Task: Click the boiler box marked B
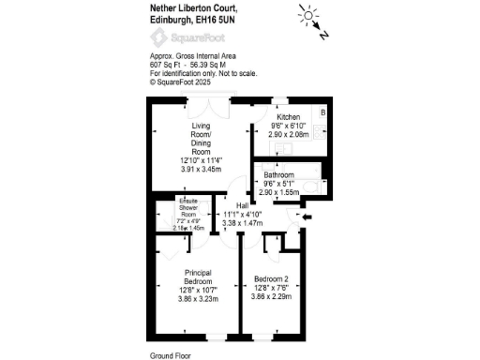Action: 322,113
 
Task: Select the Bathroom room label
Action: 278,175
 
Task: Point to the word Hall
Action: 242,205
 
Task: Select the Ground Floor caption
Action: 172,355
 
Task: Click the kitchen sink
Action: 319,131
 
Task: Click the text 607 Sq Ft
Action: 166,65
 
